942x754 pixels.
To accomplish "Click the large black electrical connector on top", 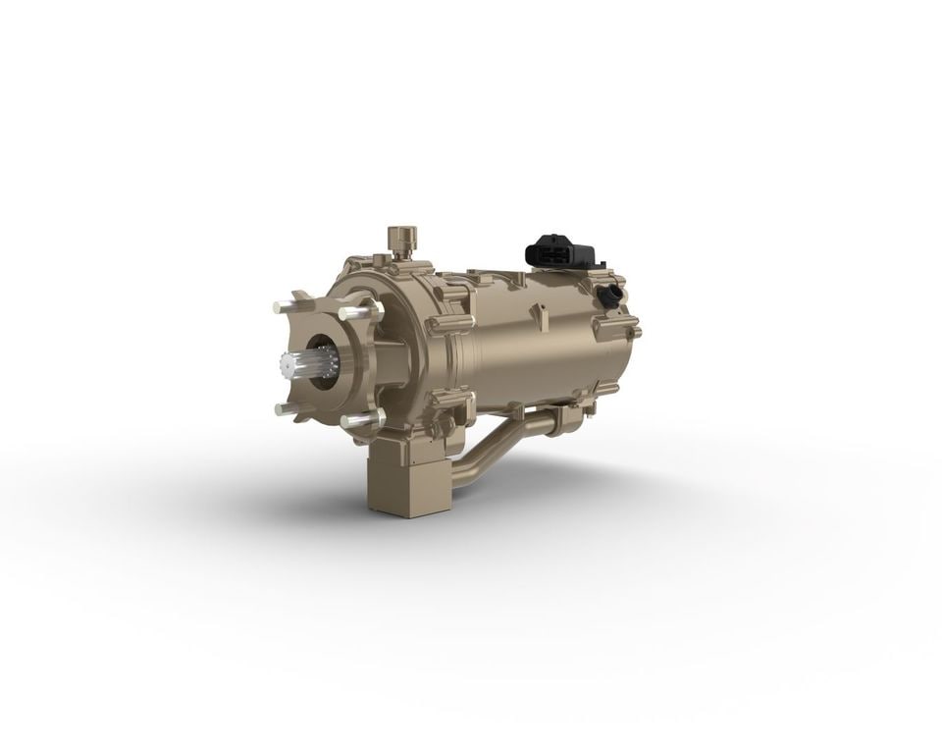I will tap(560, 251).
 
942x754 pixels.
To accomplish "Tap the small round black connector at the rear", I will tap(610, 294).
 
